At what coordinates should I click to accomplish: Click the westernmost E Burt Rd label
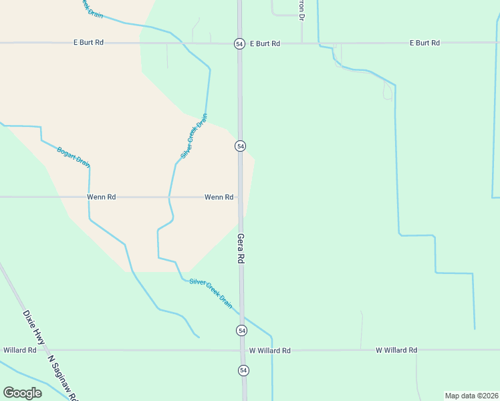88,42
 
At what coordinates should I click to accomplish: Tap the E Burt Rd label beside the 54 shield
265,43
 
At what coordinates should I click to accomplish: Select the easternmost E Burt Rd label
424,43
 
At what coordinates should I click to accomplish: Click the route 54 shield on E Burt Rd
239,43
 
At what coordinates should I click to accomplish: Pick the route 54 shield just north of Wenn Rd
240,146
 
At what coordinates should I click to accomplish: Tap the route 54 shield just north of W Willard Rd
241,331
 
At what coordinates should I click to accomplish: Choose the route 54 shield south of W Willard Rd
243,370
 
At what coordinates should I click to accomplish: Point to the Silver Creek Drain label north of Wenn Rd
194,136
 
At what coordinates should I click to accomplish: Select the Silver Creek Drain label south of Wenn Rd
211,293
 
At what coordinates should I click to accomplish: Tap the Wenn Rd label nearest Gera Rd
219,197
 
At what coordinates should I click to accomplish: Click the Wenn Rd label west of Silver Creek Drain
102,197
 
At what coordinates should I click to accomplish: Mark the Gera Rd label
241,249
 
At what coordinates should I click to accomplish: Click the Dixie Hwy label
33,327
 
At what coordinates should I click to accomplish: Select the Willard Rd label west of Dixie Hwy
19,350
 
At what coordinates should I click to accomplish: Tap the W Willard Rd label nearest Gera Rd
269,350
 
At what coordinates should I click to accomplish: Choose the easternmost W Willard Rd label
396,350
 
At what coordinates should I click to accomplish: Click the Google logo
22,392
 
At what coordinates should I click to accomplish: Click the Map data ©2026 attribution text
471,396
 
